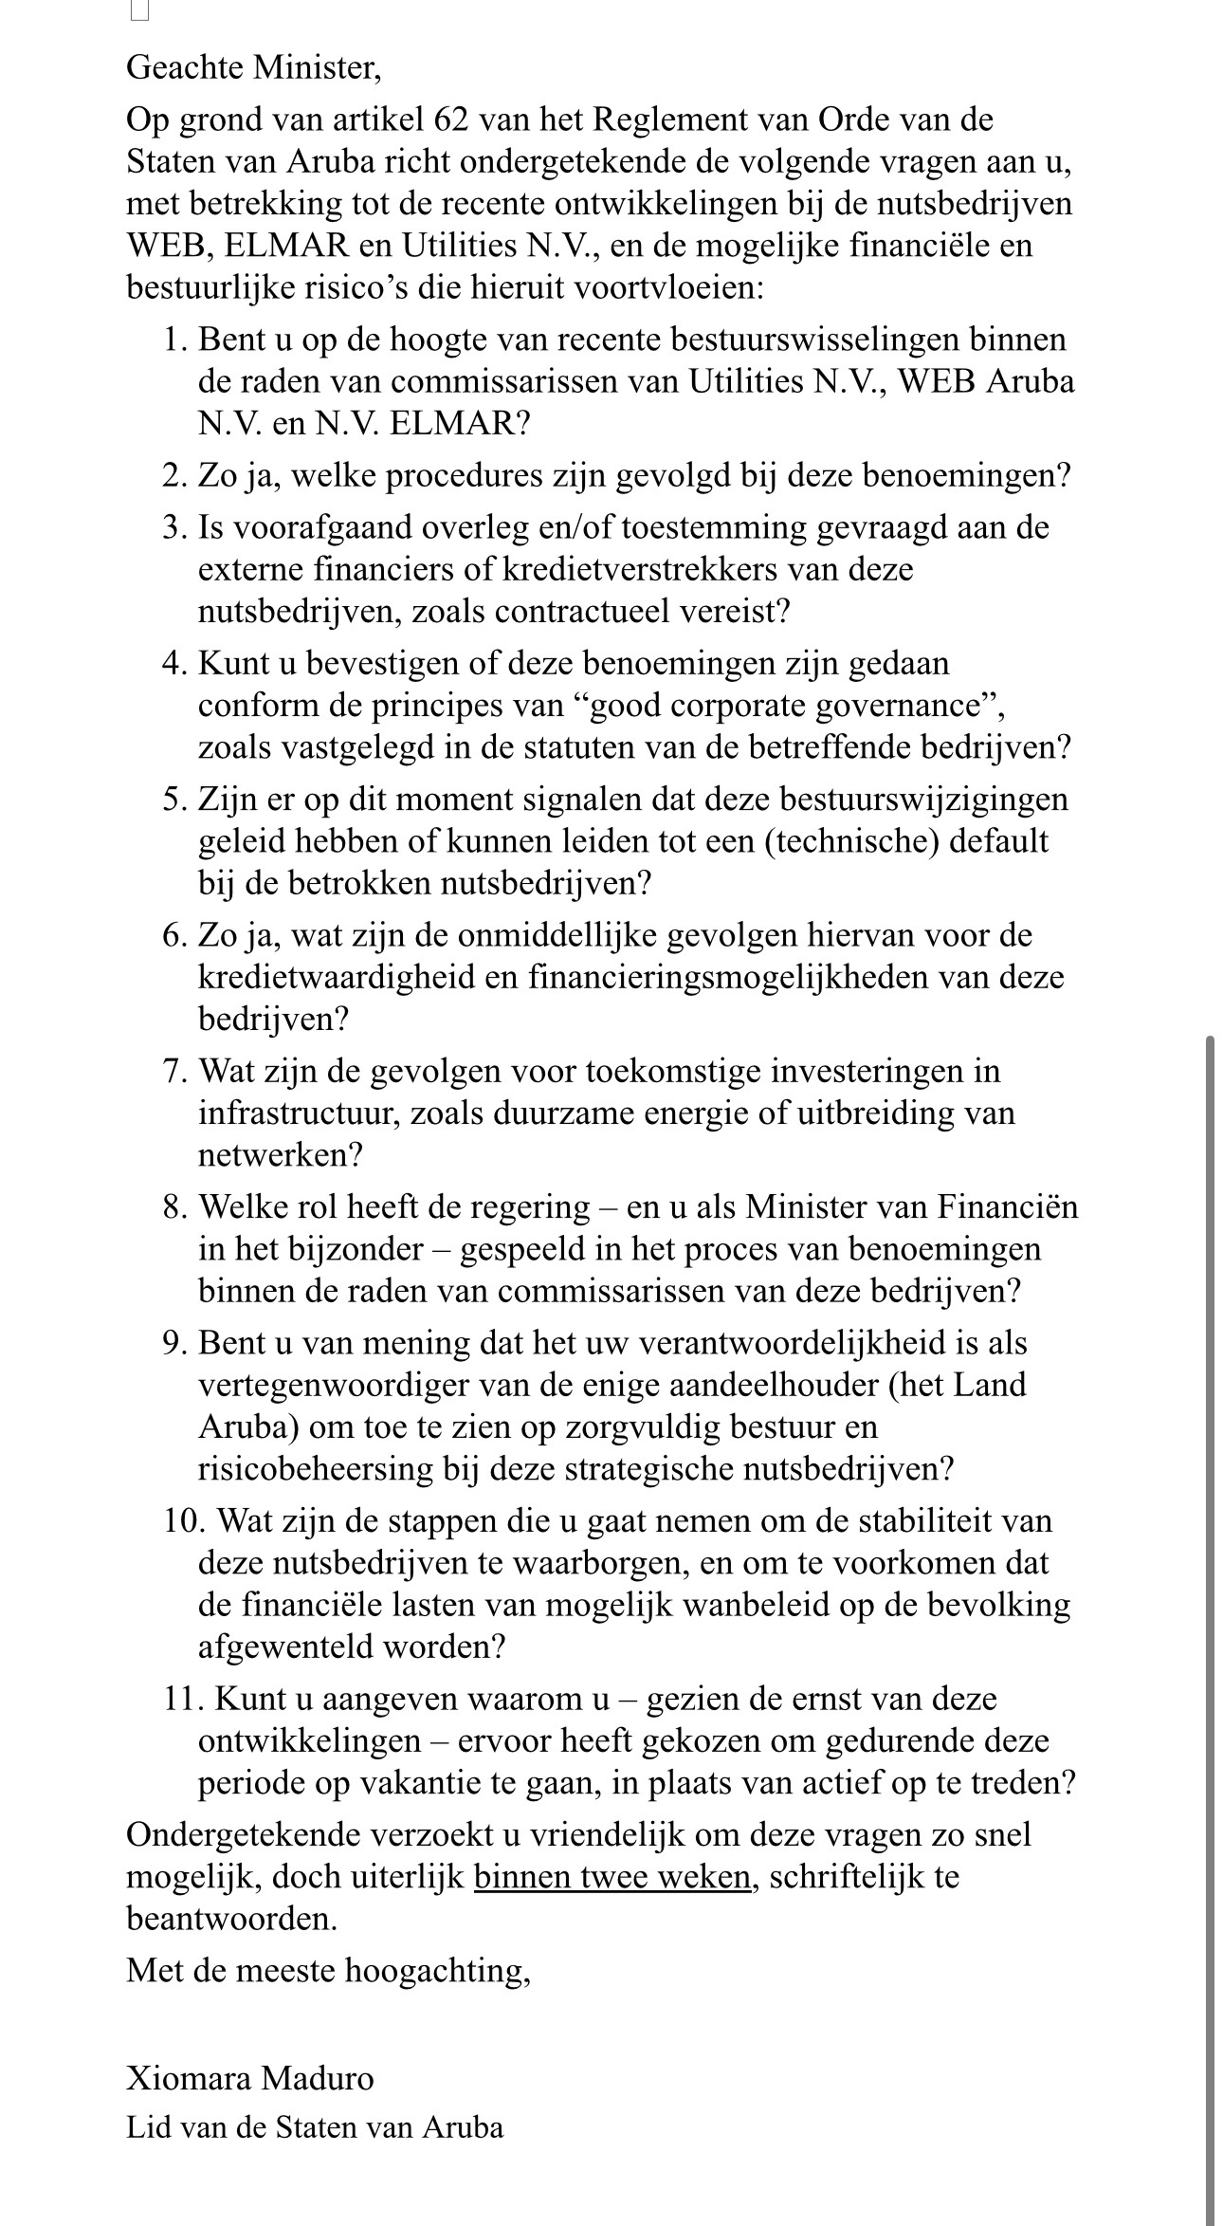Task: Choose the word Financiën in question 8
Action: pos(1009,1207)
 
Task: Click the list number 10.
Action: pos(181,1521)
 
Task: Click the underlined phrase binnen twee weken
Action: pos(611,1877)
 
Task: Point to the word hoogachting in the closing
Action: pos(437,1971)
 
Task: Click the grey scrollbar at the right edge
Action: pos(1209,1612)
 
